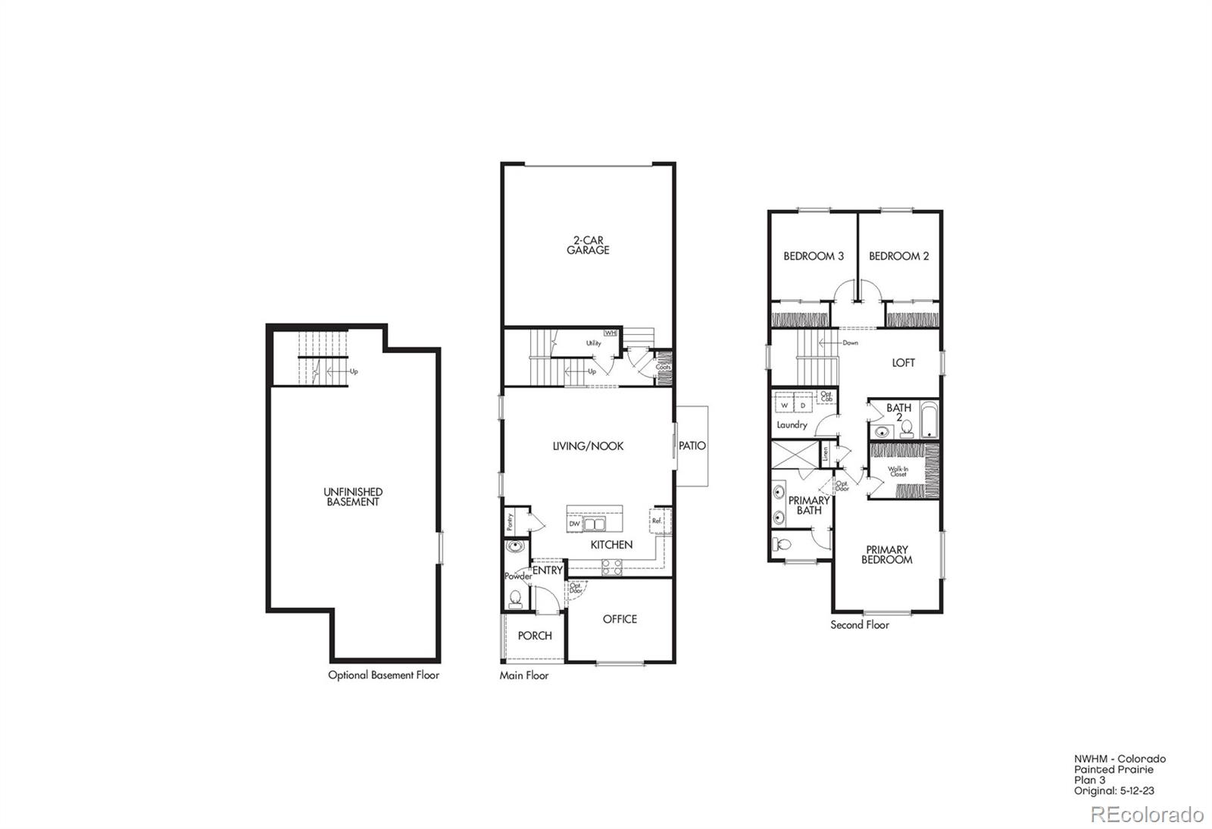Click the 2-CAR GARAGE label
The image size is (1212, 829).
[x=588, y=245]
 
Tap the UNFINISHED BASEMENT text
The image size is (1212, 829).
[x=353, y=496]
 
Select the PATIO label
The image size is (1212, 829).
[x=692, y=446]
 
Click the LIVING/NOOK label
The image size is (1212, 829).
[x=588, y=446]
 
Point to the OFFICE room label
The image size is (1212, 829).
[x=620, y=619]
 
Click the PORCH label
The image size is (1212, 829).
[x=535, y=636]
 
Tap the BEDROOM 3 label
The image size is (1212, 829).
[x=814, y=256]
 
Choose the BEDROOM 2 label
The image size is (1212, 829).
[x=899, y=256]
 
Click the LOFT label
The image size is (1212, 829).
[x=903, y=363]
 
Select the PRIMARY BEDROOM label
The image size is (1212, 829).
[x=887, y=555]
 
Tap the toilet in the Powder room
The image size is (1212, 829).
[x=516, y=599]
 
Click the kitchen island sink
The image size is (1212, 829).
[x=594, y=524]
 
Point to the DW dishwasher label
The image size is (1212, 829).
[x=574, y=524]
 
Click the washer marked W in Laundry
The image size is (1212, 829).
[x=785, y=405]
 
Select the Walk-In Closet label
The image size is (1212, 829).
[x=898, y=471]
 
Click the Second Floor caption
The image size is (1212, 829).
[x=860, y=625]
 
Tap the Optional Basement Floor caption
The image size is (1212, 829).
[x=383, y=675]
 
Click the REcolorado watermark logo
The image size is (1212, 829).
[x=1147, y=815]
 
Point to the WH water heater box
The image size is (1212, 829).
[x=610, y=333]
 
